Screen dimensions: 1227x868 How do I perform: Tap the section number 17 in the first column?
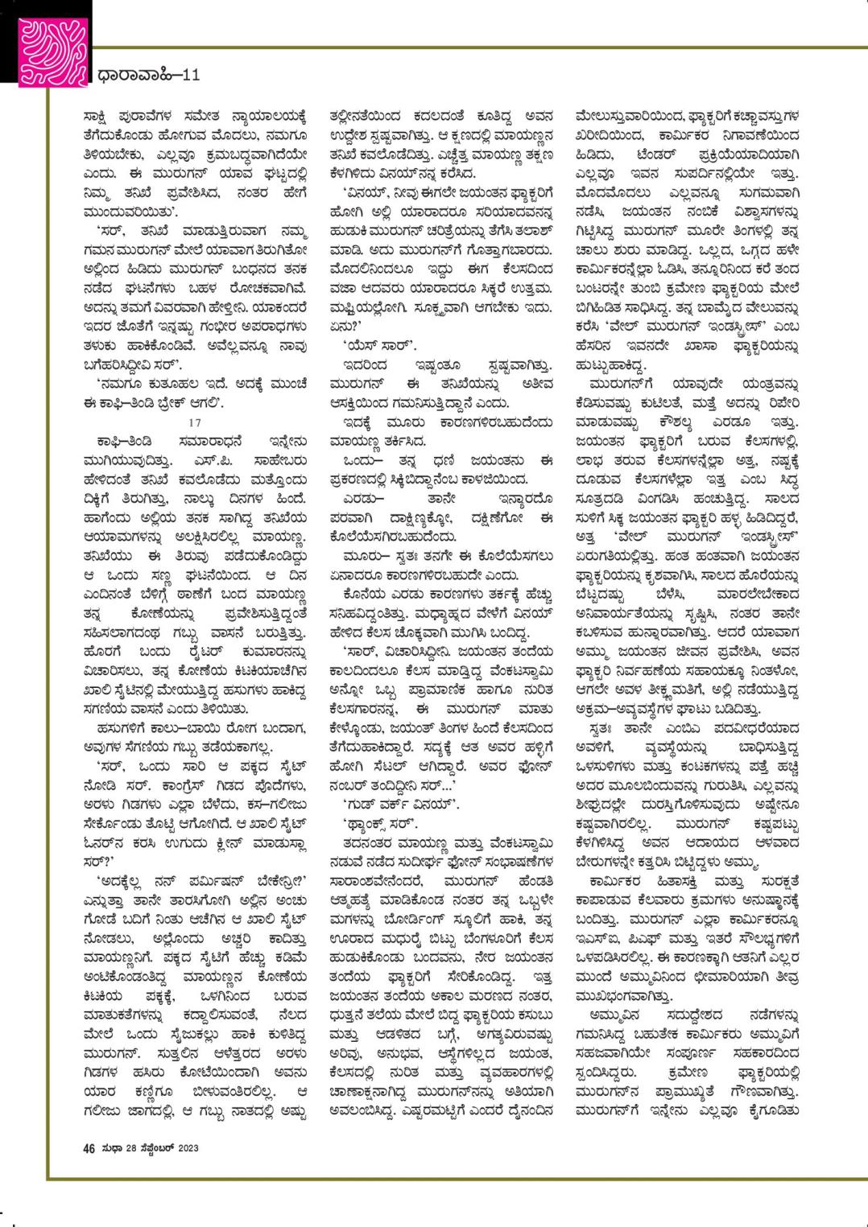pyautogui.click(x=192, y=422)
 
